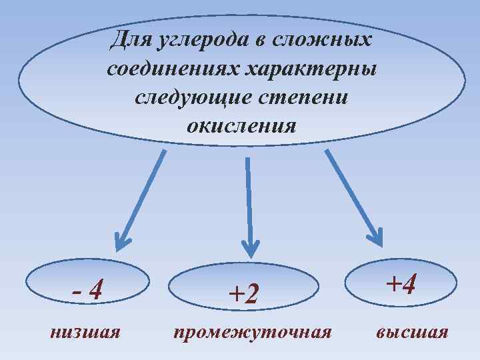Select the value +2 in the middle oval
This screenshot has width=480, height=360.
tap(243, 293)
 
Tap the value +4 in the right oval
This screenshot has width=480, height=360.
tap(402, 285)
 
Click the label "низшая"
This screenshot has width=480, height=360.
tap(85, 331)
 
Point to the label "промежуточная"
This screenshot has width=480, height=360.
tap(252, 331)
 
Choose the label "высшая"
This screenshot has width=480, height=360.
tap(412, 331)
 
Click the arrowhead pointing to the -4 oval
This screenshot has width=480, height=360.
tap(121, 240)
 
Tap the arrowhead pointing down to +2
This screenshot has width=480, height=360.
tap(250, 247)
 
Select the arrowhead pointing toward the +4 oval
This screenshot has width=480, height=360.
tap(374, 237)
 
